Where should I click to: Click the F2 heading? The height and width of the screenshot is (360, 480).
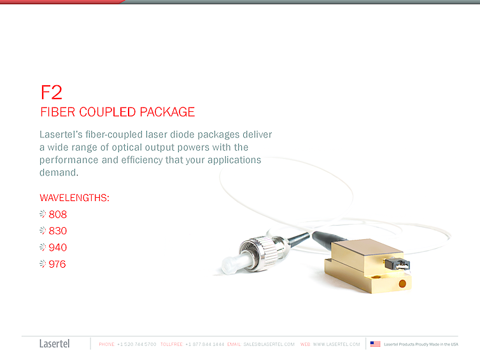(52, 92)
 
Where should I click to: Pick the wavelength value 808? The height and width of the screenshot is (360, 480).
(58, 215)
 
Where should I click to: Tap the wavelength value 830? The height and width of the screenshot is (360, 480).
(58, 231)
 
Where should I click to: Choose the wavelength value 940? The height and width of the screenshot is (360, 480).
(58, 247)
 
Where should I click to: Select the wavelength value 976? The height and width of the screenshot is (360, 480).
(57, 264)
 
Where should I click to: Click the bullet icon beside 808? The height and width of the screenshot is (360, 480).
(43, 215)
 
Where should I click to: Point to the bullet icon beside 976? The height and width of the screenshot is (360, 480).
(43, 264)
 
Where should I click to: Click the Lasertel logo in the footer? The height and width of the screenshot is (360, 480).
(55, 344)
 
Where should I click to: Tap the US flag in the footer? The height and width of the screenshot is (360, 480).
(375, 344)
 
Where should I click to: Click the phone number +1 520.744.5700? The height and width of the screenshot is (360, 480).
(137, 344)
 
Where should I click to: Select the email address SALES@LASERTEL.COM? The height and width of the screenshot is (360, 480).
(269, 344)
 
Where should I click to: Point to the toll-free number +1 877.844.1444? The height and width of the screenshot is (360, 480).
(205, 344)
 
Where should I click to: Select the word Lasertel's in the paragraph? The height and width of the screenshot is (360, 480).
(63, 135)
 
